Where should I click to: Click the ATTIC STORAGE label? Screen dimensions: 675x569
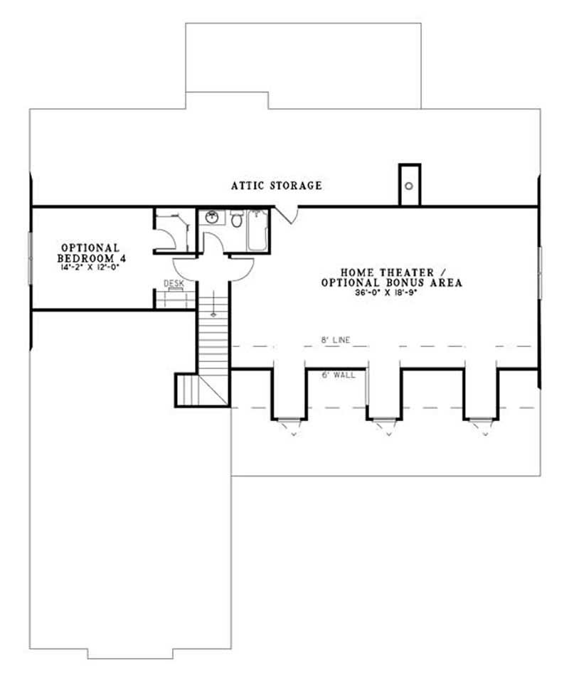(276, 186)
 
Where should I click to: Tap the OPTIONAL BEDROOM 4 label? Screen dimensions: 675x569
(90, 253)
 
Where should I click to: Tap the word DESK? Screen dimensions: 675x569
(174, 283)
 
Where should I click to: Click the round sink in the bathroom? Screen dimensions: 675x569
(212, 218)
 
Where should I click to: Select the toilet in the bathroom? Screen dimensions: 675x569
(236, 219)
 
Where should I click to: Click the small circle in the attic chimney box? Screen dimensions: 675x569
(410, 186)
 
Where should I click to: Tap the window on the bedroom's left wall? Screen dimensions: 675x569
(30, 257)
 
